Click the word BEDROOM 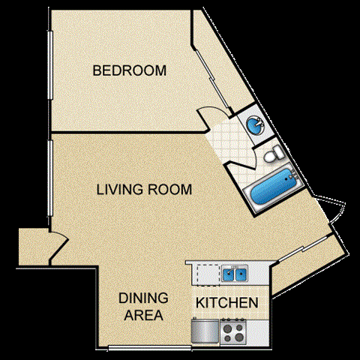[129, 71]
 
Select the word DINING [142, 298]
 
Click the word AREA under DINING [142, 315]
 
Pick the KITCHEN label [227, 304]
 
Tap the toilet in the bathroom [271, 156]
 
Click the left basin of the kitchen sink [227, 274]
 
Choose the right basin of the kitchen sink [240, 274]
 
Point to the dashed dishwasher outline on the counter [206, 274]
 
